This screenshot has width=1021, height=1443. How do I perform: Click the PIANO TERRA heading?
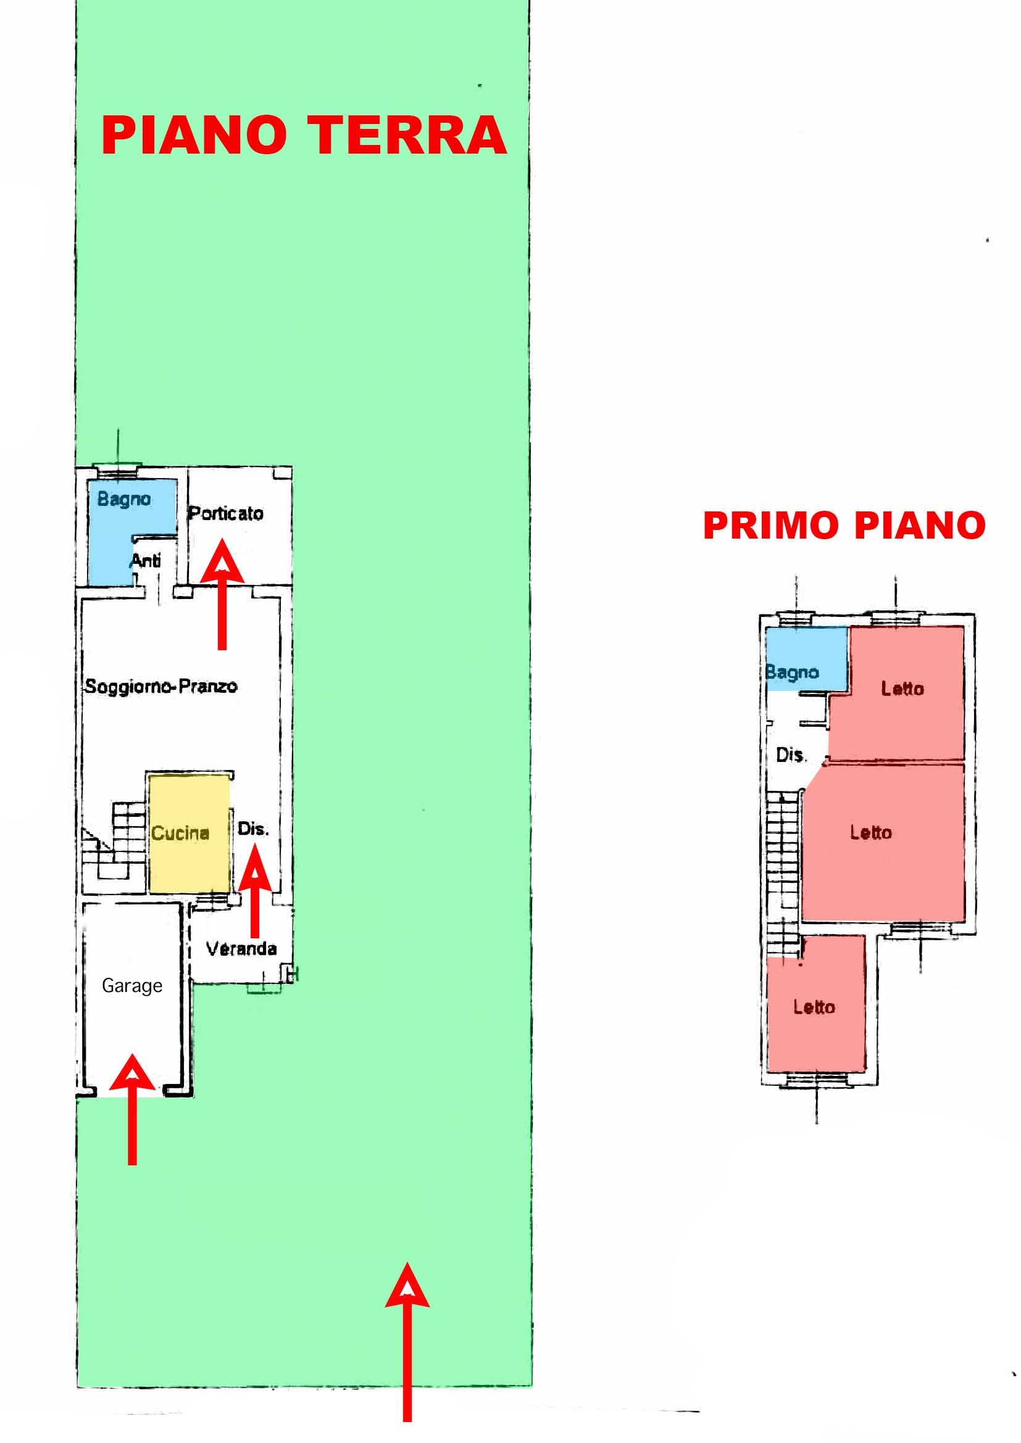tap(304, 135)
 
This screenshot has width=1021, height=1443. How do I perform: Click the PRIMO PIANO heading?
tap(844, 526)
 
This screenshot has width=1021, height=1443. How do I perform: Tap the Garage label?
tap(132, 985)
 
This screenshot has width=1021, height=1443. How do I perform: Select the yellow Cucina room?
tap(190, 833)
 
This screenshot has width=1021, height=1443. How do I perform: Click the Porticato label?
tap(226, 513)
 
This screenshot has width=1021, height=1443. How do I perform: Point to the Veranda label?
tap(241, 948)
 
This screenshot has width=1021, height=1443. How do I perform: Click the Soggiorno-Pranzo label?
tap(161, 685)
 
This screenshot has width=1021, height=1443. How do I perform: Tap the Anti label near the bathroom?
tap(146, 560)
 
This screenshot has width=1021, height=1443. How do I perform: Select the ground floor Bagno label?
tap(124, 500)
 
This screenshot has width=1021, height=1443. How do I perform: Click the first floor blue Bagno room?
tap(807, 658)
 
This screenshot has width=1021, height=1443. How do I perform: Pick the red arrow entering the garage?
tap(132, 1109)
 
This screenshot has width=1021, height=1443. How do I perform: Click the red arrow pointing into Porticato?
tap(222, 594)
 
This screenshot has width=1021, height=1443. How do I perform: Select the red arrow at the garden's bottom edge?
tap(407, 1342)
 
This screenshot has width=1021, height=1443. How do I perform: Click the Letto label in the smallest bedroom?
tap(814, 1007)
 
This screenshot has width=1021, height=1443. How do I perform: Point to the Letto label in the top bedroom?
tap(902, 689)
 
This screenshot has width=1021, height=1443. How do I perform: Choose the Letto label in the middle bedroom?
tap(871, 833)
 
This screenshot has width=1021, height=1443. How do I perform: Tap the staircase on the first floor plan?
tap(783, 874)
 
